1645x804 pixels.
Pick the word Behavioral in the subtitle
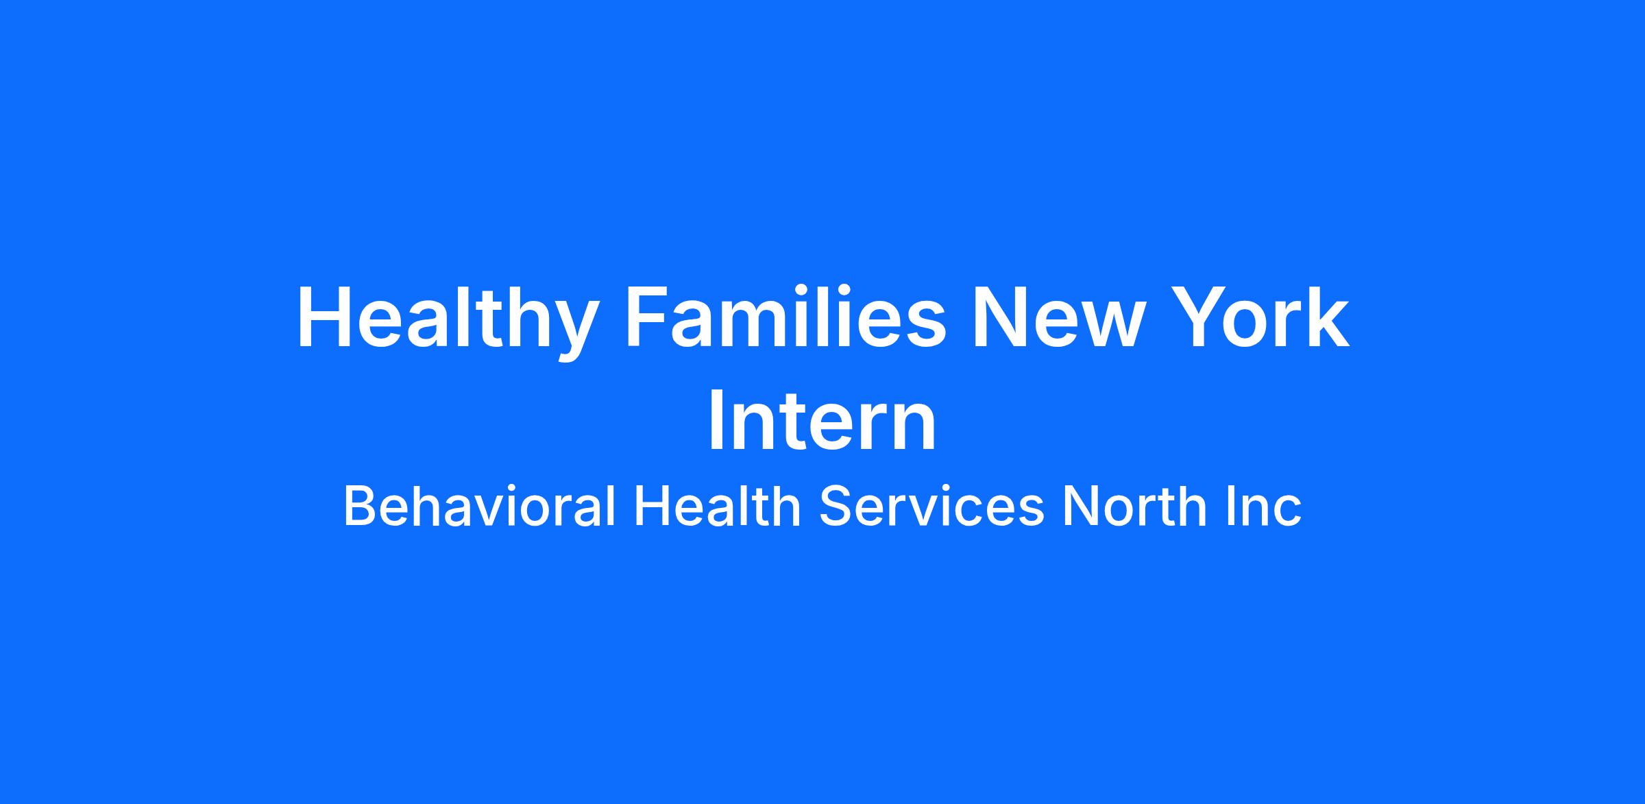click(479, 506)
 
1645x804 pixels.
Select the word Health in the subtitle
click(717, 506)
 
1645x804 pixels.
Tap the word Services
click(931, 506)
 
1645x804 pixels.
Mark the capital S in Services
click(838, 506)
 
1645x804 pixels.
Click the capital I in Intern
click(716, 422)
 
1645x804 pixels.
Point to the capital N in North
click(1080, 506)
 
